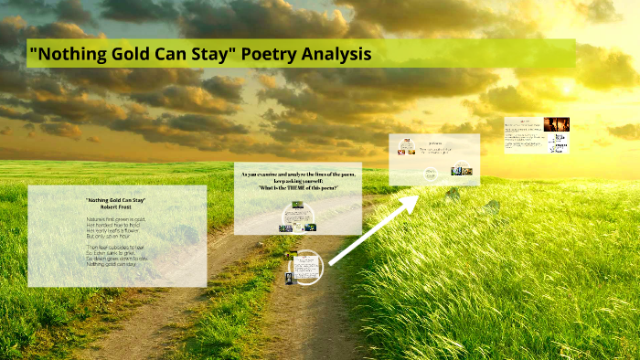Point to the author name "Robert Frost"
click(x=116, y=207)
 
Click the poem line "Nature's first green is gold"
click(x=116, y=220)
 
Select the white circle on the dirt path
click(x=304, y=267)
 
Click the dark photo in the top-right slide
click(x=556, y=124)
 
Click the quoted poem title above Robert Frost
click(x=116, y=199)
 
